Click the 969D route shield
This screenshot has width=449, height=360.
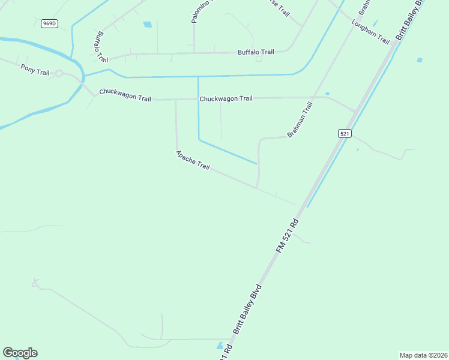point(49,23)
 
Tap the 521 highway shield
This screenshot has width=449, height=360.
point(344,134)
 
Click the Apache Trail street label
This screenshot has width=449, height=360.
point(192,160)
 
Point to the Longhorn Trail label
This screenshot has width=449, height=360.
point(371,31)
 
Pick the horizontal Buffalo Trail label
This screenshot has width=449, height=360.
point(256,52)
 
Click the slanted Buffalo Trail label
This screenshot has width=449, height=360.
point(100,47)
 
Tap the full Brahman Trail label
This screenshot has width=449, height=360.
point(300,119)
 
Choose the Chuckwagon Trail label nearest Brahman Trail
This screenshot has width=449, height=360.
point(226,98)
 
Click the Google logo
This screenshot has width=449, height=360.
point(20,353)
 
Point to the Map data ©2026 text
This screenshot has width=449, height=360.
point(423,355)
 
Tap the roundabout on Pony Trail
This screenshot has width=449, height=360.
point(59,73)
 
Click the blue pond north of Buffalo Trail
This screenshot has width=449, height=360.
point(147,25)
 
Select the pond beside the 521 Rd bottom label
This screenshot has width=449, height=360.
point(220,346)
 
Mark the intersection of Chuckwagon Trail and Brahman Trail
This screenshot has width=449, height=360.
point(313,97)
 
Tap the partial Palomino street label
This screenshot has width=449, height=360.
point(194,12)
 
